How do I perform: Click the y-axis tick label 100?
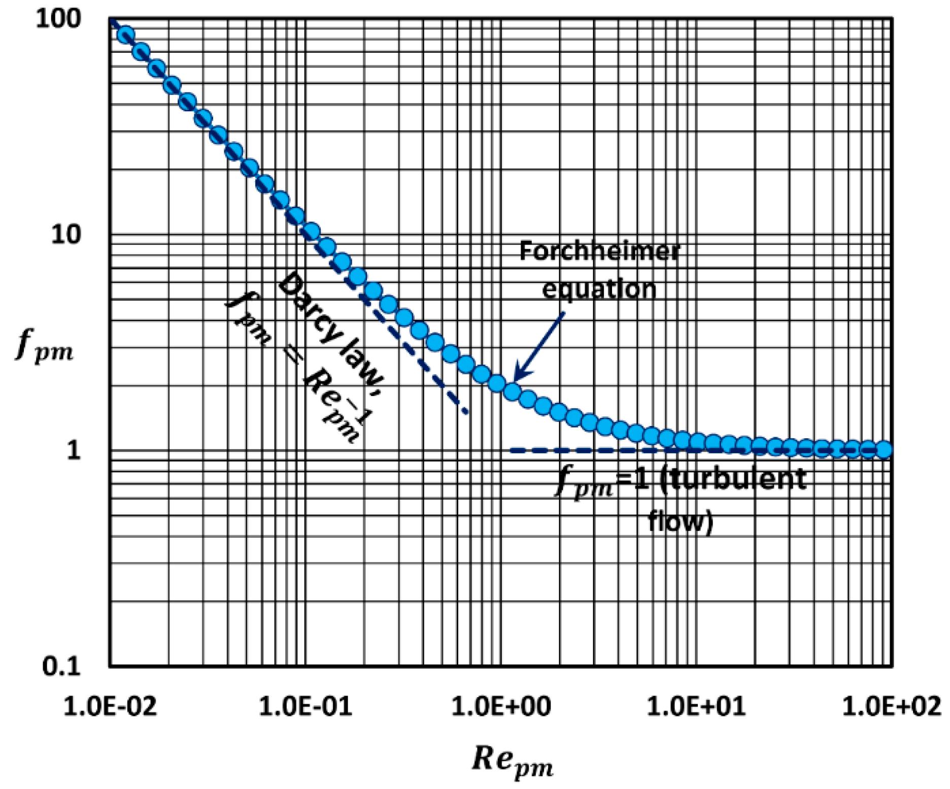[58, 19]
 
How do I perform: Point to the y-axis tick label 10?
[66, 235]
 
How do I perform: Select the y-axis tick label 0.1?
[61, 666]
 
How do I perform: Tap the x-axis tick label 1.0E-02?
[110, 706]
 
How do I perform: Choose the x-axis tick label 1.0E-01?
[306, 706]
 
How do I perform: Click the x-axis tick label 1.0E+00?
[501, 706]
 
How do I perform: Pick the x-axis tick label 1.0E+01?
[696, 706]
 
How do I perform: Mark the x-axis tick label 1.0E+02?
[892, 706]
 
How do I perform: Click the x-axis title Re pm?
[513, 761]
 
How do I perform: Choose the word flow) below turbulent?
[681, 521]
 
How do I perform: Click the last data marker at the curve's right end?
[884, 449]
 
